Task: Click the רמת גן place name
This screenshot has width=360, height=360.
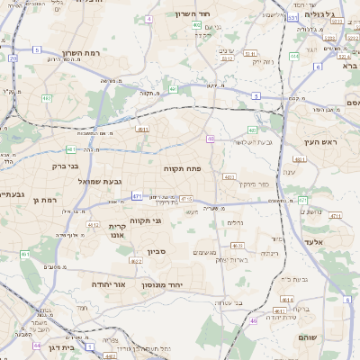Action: (x=43, y=200)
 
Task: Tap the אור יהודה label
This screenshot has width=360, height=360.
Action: (x=106, y=284)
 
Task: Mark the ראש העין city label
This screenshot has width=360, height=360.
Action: (x=320, y=142)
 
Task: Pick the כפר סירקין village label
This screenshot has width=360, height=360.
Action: (x=255, y=184)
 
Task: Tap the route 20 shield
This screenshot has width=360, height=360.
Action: (x=13, y=58)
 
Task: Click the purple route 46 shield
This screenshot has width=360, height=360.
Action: (x=254, y=320)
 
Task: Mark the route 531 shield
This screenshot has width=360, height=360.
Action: (x=292, y=17)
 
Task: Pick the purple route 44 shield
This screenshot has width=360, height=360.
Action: (x=37, y=345)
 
